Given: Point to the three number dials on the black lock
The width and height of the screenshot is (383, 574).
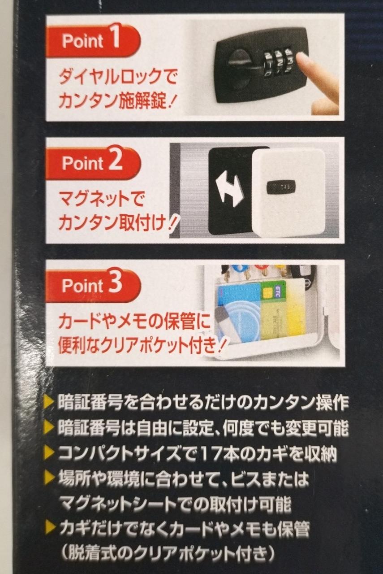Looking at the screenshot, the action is (x=278, y=63).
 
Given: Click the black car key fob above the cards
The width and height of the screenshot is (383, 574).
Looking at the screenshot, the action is (x=302, y=273).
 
